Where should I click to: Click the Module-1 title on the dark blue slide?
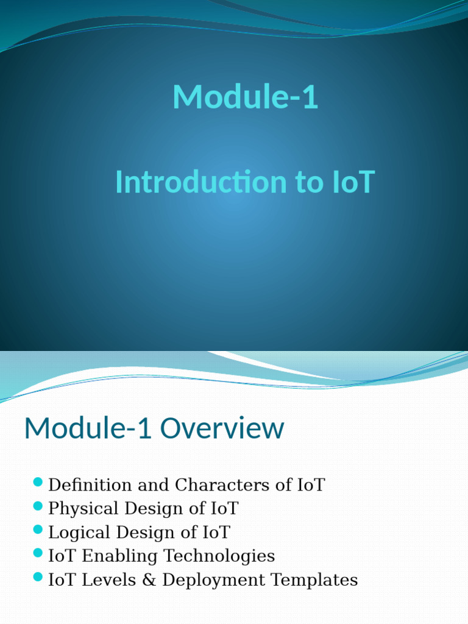pos(245,97)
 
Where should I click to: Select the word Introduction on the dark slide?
pos(201,182)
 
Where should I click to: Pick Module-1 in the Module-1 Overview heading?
pos(88,428)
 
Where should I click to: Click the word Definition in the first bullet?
pos(90,485)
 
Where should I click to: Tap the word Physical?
pos(83,509)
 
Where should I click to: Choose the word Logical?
pos(79,533)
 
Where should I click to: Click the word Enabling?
pos(119,556)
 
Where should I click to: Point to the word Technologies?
pos(219,556)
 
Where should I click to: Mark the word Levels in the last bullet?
pos(108,580)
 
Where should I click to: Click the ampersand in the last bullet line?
pos(149,580)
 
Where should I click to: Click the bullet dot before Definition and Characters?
pos(38,483)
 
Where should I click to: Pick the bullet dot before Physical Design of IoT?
pos(38,506)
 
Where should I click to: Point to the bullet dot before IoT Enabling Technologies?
pos(38,553)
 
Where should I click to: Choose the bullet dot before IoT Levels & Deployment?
pos(38,577)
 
